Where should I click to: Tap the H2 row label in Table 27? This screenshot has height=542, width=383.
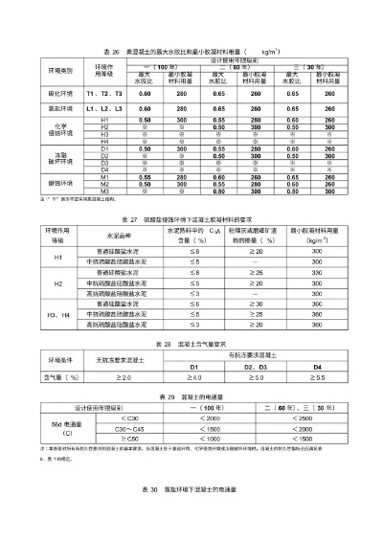(x=57, y=284)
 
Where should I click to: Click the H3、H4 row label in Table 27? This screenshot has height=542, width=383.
(x=57, y=314)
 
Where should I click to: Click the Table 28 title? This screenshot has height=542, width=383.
(x=191, y=342)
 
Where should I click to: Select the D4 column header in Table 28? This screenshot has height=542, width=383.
(x=317, y=366)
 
